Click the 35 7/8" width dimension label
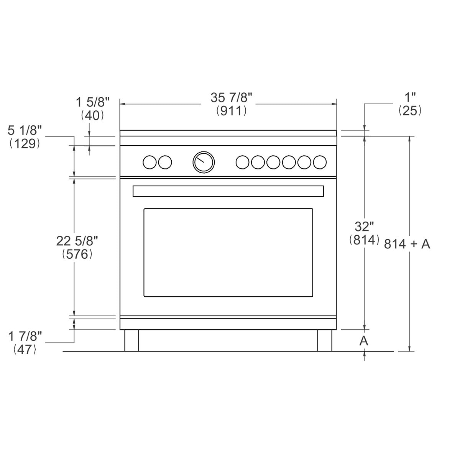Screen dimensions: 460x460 [231, 98]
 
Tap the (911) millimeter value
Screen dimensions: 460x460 [231, 111]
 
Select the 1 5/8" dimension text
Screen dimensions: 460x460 [92, 102]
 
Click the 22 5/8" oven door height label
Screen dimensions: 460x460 [77, 241]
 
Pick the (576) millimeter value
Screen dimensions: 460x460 [77, 254]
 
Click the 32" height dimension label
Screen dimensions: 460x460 [364, 227]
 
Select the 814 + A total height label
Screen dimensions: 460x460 [407, 244]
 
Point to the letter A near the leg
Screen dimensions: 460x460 [364, 340]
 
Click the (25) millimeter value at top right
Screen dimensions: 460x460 [410, 111]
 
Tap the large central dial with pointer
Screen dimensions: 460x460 [203, 162]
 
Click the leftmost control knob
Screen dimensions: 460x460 [149, 162]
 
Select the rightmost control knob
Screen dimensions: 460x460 [320, 162]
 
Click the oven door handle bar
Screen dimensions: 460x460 [228, 191]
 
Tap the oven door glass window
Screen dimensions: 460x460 [228, 253]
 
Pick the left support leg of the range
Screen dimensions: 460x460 [131, 340]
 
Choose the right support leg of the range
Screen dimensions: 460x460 [325, 340]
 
